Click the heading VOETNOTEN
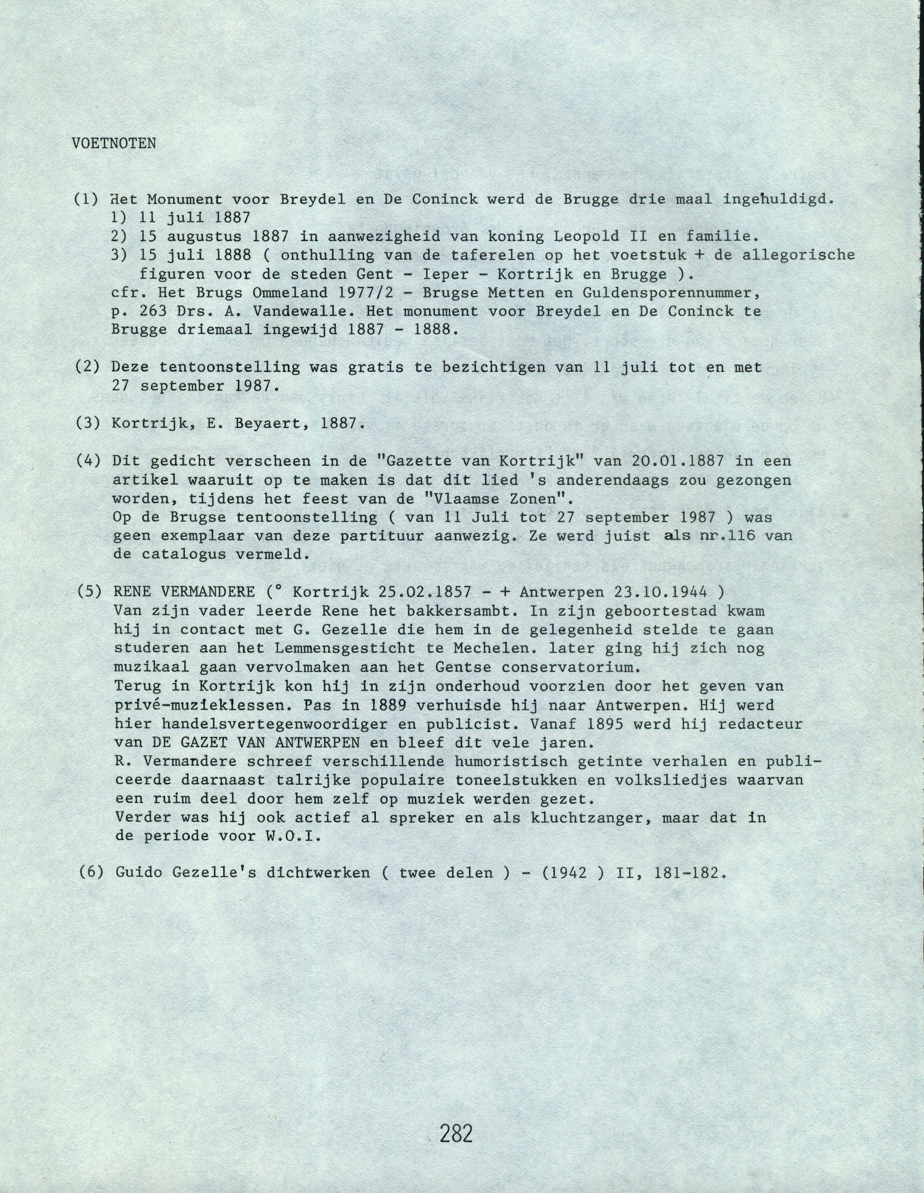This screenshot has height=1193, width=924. pos(114,144)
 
